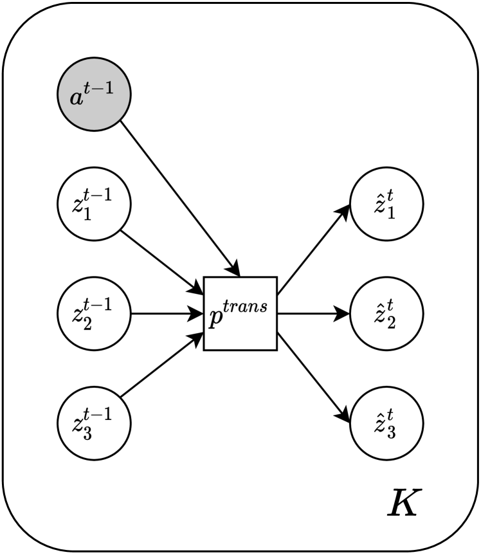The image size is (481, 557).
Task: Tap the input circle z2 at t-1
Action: pyautogui.click(x=94, y=314)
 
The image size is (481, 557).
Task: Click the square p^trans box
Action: pyautogui.click(x=240, y=314)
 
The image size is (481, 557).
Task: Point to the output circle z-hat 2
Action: pyautogui.click(x=386, y=314)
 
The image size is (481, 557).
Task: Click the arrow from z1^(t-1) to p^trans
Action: pyautogui.click(x=161, y=259)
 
